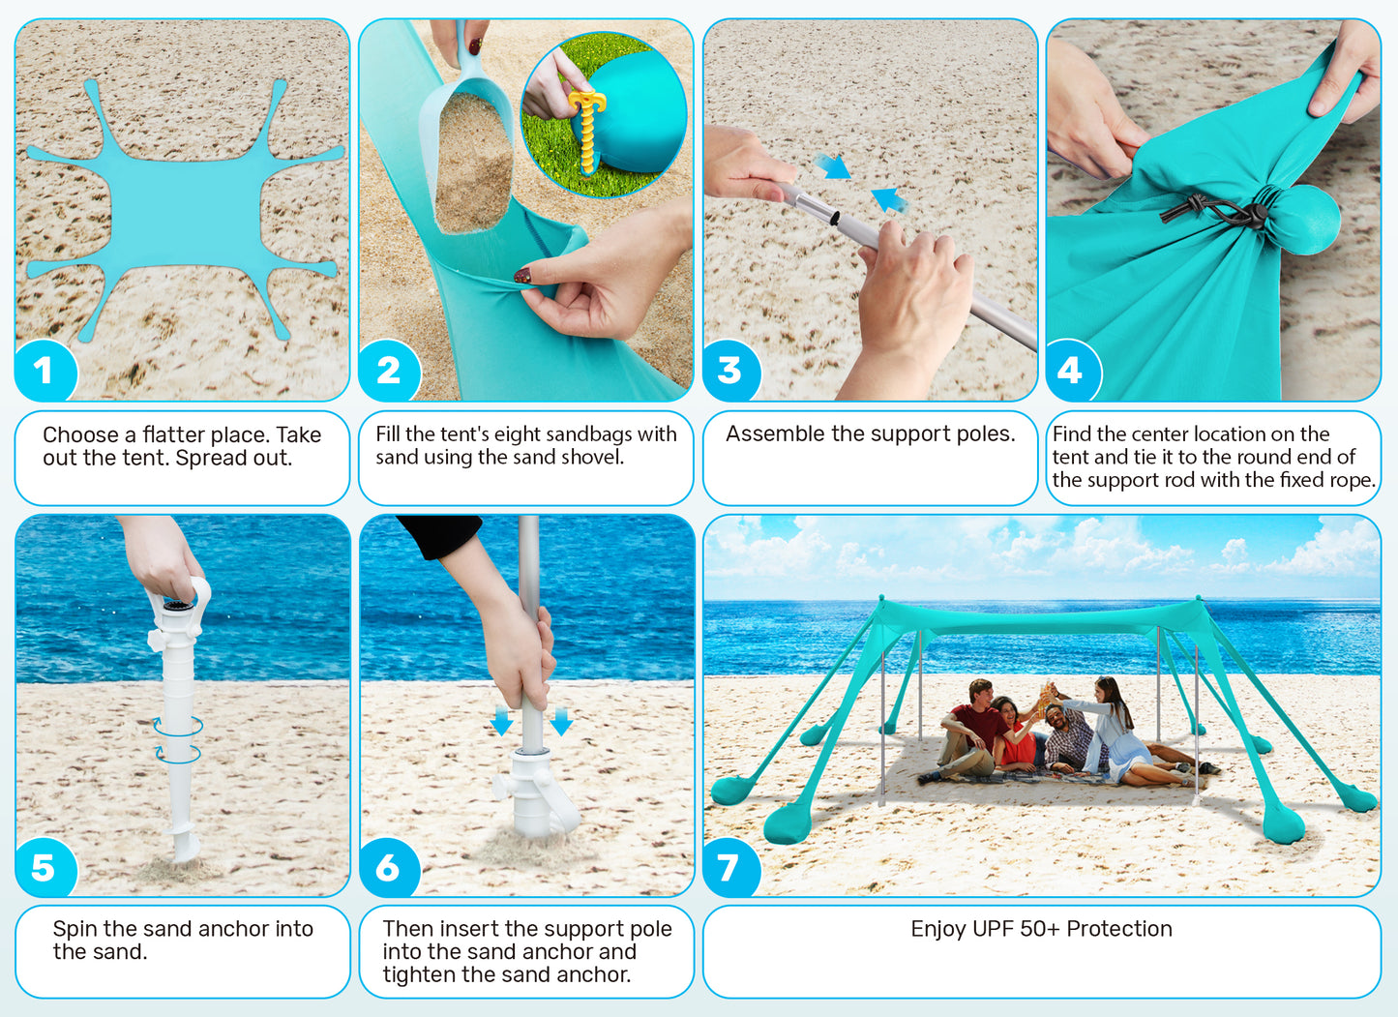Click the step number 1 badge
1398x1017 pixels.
[x=45, y=371]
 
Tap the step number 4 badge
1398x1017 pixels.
[x=1071, y=371]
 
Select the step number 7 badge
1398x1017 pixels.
[x=729, y=868]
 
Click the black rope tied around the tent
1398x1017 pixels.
[x=1214, y=212]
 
